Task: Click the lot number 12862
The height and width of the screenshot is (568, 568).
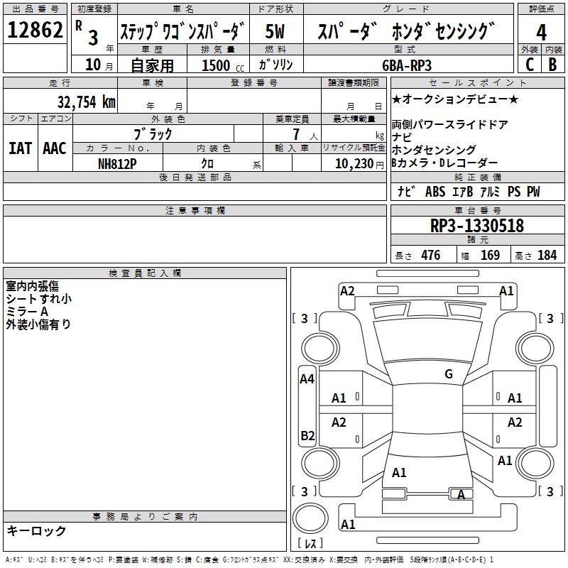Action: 35,30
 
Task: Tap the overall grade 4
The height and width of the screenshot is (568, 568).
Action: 541,32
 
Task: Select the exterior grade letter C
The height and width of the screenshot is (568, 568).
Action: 530,65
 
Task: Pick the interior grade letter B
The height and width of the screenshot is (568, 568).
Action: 552,65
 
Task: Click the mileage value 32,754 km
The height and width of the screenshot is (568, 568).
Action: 86,102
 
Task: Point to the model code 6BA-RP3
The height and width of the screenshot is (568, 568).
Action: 407,65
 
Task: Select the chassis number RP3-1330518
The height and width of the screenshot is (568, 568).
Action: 476,226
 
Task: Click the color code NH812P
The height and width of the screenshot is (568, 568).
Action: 117,164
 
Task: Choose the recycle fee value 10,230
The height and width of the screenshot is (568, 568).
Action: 354,164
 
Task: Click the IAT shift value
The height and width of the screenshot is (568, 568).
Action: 21,148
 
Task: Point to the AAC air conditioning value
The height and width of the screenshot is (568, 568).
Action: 55,148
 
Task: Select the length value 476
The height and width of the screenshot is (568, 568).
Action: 431,255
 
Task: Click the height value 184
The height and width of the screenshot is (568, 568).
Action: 547,255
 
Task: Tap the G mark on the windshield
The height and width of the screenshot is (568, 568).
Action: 449,374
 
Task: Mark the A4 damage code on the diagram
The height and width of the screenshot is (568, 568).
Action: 307,379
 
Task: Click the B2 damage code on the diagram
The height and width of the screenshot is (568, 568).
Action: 307,435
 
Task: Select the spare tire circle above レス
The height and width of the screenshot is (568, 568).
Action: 310,518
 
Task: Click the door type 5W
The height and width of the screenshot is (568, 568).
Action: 275,31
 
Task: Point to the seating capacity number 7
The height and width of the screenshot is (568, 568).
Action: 296,134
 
